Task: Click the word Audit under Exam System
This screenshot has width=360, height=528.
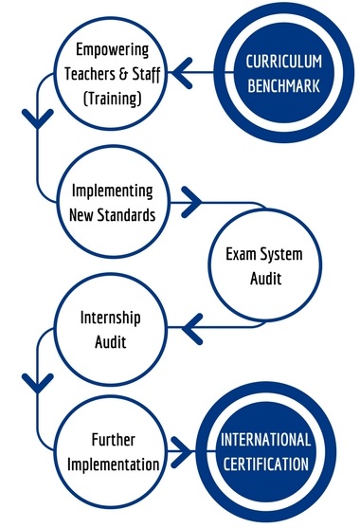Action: [x=267, y=279]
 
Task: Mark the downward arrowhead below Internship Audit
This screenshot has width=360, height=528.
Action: [x=39, y=383]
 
